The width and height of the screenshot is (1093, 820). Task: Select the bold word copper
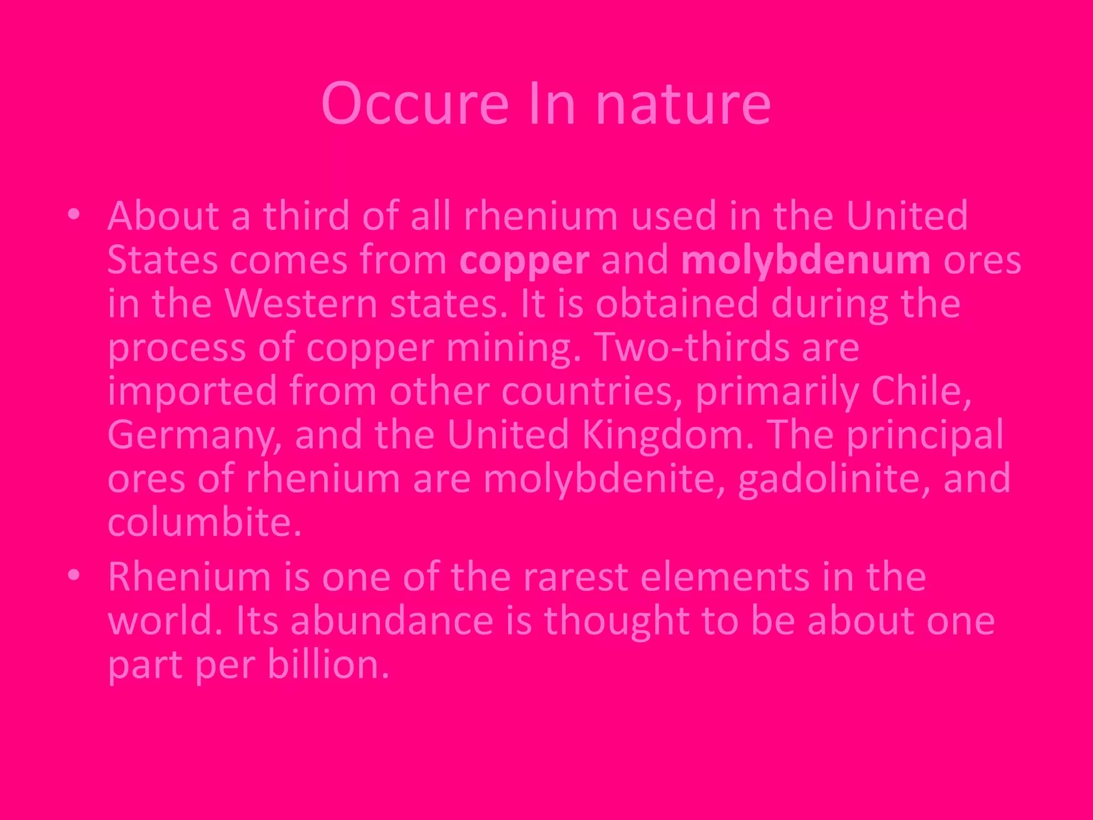(524, 261)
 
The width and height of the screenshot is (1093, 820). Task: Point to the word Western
(301, 304)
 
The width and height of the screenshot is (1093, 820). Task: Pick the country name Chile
(920, 391)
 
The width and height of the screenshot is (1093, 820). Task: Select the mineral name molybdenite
(604, 479)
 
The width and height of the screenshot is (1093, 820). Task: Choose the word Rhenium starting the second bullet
(189, 577)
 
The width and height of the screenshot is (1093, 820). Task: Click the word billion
(328, 665)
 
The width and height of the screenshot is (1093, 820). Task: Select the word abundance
(392, 621)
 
